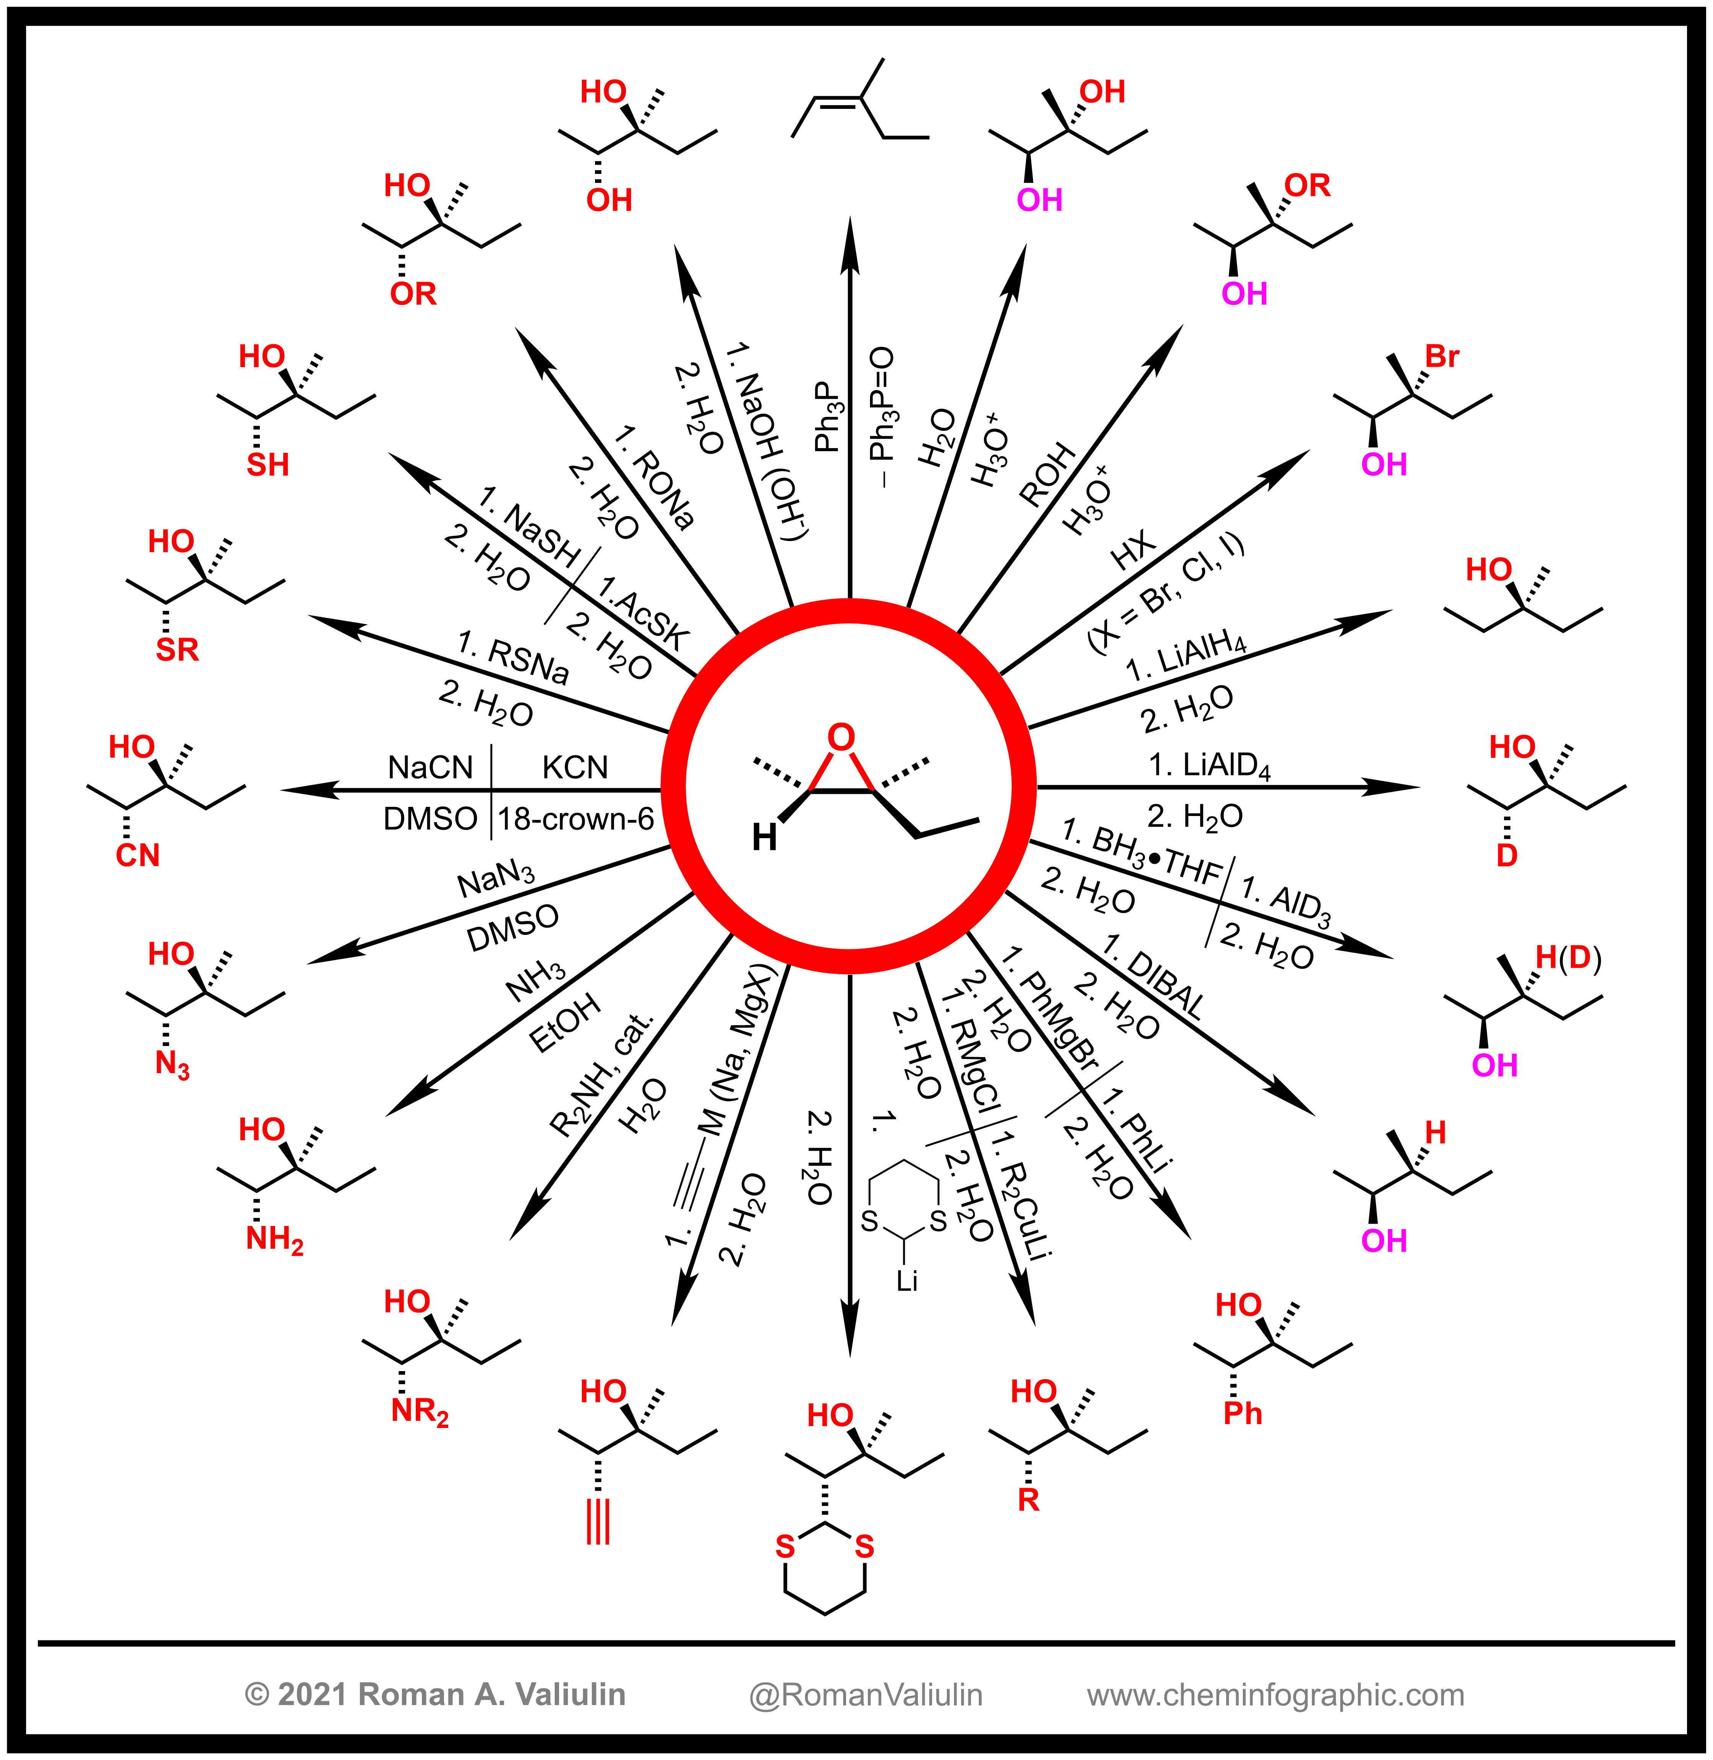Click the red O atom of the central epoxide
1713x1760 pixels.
click(x=840, y=737)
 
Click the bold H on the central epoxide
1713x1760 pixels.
click(x=764, y=838)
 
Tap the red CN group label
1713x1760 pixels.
click(x=138, y=855)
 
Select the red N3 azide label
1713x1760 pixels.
click(x=172, y=1065)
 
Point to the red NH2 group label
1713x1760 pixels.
click(x=274, y=1239)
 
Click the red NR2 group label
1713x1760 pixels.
click(x=419, y=1411)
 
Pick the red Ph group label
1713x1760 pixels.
click(x=1243, y=1414)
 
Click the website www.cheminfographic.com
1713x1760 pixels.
click(x=1275, y=1694)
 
